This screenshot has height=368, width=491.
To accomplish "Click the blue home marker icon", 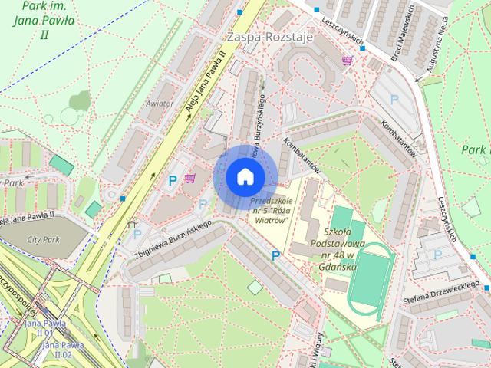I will click(245, 176).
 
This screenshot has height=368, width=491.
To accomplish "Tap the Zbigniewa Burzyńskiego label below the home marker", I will click(172, 240).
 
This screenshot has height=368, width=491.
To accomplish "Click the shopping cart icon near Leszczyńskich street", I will click(348, 60).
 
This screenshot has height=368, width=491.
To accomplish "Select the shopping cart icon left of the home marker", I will click(189, 178).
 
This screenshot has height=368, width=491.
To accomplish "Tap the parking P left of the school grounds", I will click(275, 255).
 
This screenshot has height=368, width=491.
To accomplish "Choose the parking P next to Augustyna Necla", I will click(394, 99).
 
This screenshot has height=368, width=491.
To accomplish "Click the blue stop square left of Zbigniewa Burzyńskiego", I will click(123, 199).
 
